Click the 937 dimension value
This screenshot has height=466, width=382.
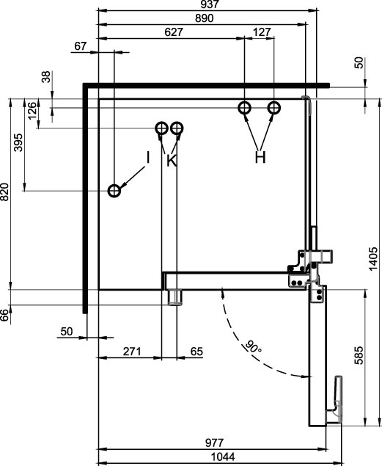coord(210,4)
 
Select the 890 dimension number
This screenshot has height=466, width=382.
coord(205,18)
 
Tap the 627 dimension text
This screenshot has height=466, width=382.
coord(173,32)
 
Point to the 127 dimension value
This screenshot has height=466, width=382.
coord(262,32)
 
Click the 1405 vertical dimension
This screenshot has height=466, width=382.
coord(373,258)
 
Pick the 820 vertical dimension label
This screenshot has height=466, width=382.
coord(4,192)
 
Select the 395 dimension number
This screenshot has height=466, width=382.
coord(18,142)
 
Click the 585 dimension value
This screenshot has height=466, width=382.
coord(359,355)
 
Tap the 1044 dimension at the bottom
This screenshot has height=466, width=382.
coord(223,456)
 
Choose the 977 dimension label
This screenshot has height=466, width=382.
coord(214,443)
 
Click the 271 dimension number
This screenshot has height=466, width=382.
coord(132,352)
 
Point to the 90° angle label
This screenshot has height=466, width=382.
coord(253,347)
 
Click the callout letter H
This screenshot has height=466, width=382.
coord(260,157)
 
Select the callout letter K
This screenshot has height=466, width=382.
coord(172,161)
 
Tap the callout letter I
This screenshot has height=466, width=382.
coord(148,157)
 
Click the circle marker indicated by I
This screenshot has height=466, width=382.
coord(114,191)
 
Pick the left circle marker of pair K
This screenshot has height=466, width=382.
coord(162,128)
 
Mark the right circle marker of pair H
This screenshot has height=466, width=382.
coord(274,108)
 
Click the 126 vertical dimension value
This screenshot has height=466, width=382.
coord(32,111)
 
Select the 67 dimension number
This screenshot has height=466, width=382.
coord(80,46)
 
